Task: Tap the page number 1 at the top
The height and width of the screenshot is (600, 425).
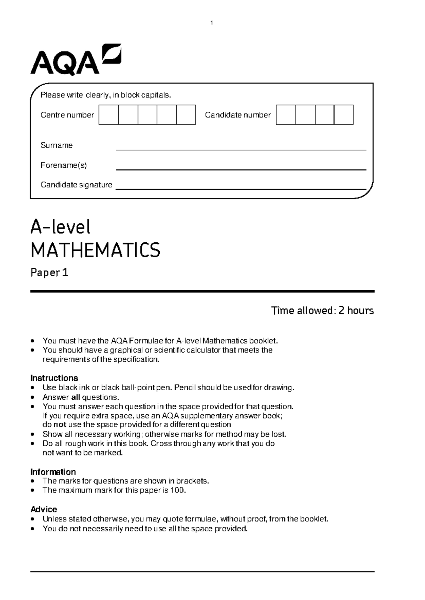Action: [211, 23]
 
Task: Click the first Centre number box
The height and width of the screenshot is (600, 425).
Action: [108, 115]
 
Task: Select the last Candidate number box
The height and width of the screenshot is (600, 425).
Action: [344, 115]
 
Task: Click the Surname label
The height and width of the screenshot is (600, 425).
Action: [56, 145]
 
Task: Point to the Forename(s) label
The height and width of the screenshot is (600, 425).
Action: [63, 165]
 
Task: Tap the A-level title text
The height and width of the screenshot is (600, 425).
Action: [61, 227]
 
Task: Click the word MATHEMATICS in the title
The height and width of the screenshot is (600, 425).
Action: [96, 250]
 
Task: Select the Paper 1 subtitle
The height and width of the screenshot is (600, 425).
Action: [49, 273]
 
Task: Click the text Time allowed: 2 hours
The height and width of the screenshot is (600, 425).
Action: [322, 311]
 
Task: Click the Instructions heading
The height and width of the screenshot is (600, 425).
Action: [54, 378]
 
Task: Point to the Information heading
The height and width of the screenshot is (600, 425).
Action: [53, 472]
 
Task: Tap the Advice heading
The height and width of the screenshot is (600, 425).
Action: [44, 509]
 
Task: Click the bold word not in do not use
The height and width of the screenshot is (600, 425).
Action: [60, 425]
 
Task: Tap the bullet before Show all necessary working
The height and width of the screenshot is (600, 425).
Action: [33, 434]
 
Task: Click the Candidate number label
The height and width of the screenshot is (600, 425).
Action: [238, 115]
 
